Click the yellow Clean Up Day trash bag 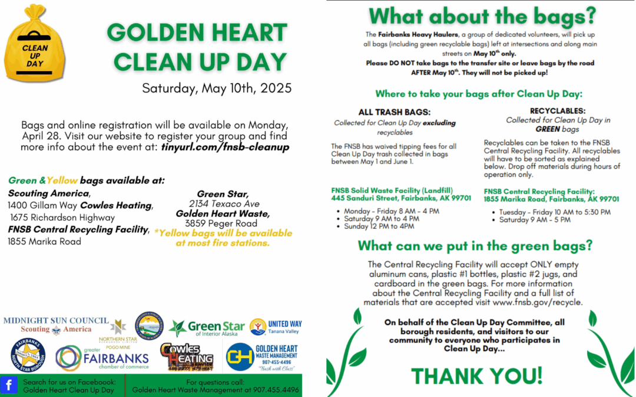pyautogui.click(x=35, y=50)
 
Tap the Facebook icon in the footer pyautogui.click(x=9, y=385)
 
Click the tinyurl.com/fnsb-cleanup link pyautogui.click(x=225, y=147)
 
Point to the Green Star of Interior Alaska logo pyautogui.click(x=206, y=328)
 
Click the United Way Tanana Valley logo pyautogui.click(x=276, y=327)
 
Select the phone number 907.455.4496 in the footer pyautogui.click(x=275, y=390)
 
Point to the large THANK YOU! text pyautogui.click(x=476, y=375)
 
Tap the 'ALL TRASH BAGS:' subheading pyautogui.click(x=395, y=112)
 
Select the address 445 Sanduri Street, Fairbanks pyautogui.click(x=401, y=198)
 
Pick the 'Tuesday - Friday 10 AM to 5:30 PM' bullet pyautogui.click(x=555, y=212)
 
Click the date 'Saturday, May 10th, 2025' pyautogui.click(x=217, y=89)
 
